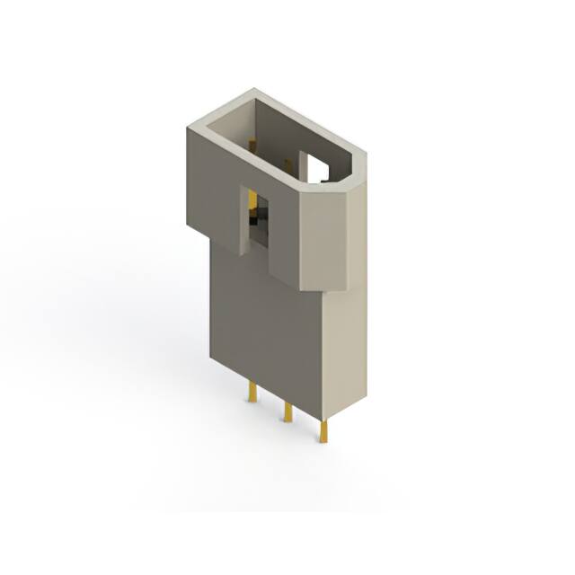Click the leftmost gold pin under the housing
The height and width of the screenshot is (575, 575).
(254, 392)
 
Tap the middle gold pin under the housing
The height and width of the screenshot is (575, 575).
(287, 411)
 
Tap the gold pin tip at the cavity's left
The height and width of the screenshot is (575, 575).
(252, 141)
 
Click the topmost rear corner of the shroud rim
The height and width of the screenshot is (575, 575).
(255, 89)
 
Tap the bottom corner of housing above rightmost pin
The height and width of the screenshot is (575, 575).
(322, 418)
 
